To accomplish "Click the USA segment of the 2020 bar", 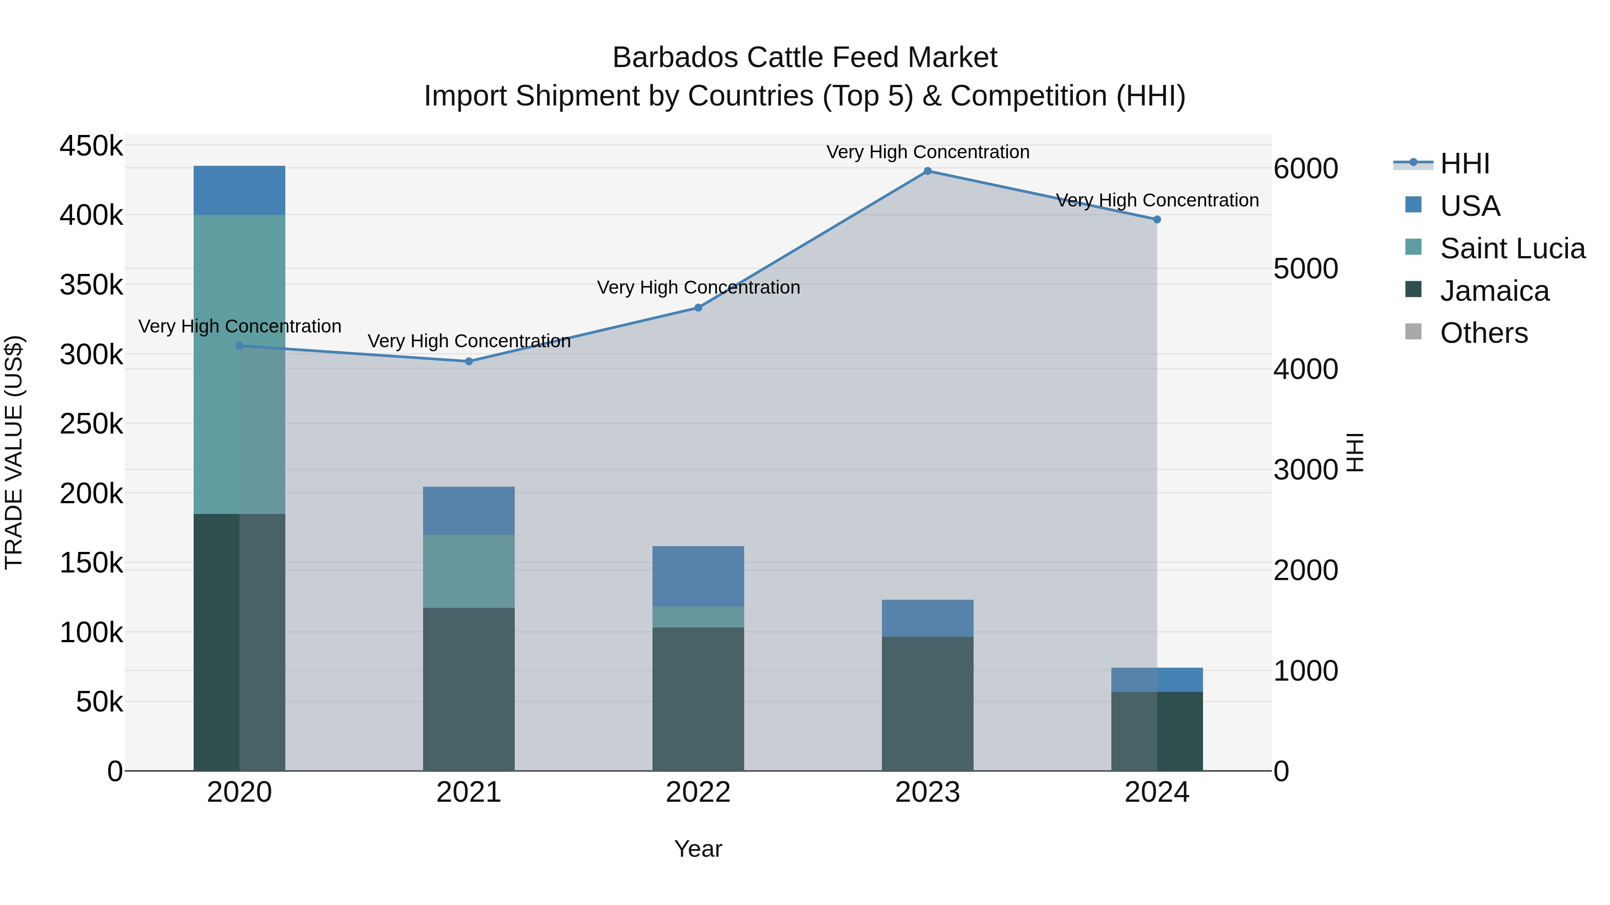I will [239, 190].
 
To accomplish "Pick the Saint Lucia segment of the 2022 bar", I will [698, 617].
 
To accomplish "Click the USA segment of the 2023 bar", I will [928, 619].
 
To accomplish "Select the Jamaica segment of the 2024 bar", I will [1157, 731].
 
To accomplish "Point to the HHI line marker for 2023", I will [928, 171].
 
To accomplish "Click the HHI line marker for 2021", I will [469, 362].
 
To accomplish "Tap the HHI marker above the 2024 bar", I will [1157, 220].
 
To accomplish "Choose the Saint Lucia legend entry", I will [1512, 248].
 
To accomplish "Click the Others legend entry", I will [1483, 333].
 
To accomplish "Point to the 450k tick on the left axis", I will [91, 147].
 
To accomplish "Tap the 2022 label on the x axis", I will [698, 792].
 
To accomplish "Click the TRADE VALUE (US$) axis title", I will [14, 452].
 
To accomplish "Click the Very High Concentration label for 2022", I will [698, 288].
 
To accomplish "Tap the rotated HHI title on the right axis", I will [1354, 452].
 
